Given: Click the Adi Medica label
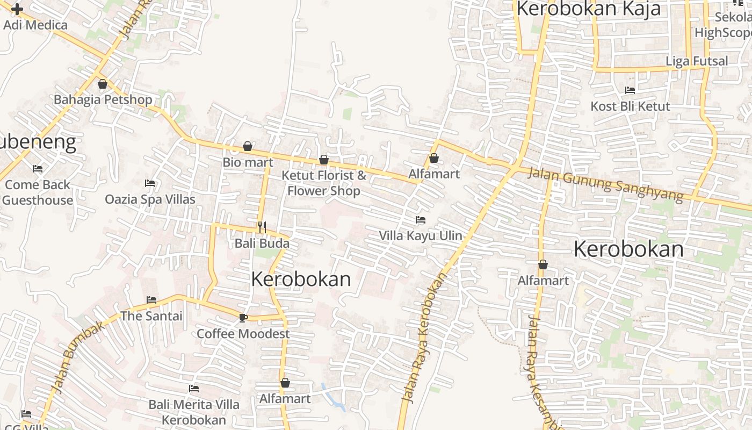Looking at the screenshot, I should coord(35,25).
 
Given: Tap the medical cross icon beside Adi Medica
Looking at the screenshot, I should coord(17,9).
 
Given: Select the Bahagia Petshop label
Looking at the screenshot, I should coord(103,99).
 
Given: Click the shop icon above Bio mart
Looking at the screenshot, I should coord(248,146).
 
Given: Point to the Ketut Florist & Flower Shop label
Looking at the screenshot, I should coord(324,183).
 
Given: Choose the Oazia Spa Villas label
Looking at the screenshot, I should coord(150,199).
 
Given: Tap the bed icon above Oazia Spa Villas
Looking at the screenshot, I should coord(150,183).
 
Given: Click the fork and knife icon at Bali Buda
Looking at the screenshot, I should coord(262,227).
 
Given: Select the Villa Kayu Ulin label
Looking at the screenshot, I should coord(421,235).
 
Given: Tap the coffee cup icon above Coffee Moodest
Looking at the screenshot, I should coord(243,318).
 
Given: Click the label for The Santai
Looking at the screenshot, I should coord(151,316).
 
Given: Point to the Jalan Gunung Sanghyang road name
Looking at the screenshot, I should coord(605,184).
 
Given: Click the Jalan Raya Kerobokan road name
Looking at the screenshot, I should coord(424,338).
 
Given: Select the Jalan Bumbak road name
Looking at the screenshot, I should coord(77,357).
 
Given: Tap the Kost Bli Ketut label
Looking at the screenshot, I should coord(630,106).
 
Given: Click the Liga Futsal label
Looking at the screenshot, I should coord(697,61).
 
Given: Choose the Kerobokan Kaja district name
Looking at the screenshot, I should coord(588,9).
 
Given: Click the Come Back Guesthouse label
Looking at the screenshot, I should coord(38,192).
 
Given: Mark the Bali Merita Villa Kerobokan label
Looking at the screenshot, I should coord(194,412).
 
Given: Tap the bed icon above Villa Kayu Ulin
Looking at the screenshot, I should coord(421,220).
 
